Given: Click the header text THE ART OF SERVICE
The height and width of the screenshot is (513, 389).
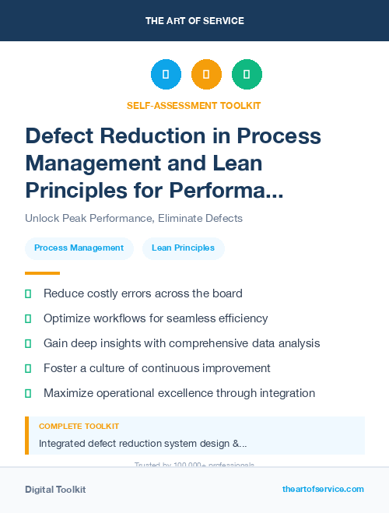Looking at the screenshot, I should [194, 20].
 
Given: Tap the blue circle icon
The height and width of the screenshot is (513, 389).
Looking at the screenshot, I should [166, 75].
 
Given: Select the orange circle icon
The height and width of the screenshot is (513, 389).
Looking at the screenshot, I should [206, 75].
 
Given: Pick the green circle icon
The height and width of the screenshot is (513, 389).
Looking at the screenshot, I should [247, 75].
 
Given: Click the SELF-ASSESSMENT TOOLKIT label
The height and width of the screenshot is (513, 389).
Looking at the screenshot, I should [194, 105].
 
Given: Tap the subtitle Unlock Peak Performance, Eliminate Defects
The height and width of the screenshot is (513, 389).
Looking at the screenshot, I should [134, 218].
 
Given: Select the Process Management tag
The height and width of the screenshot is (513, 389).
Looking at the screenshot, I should [79, 248].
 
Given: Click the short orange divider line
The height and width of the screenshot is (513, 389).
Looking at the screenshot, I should [42, 273].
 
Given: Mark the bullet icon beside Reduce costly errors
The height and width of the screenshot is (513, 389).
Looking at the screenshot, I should [28, 294].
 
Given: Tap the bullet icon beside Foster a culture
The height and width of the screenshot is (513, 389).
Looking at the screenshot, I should [28, 368].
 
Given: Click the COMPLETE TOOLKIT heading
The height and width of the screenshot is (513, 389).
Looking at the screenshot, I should [79, 427].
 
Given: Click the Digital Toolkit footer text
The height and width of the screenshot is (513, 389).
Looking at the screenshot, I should [55, 490].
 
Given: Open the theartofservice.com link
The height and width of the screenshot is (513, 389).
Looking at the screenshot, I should [323, 489].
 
